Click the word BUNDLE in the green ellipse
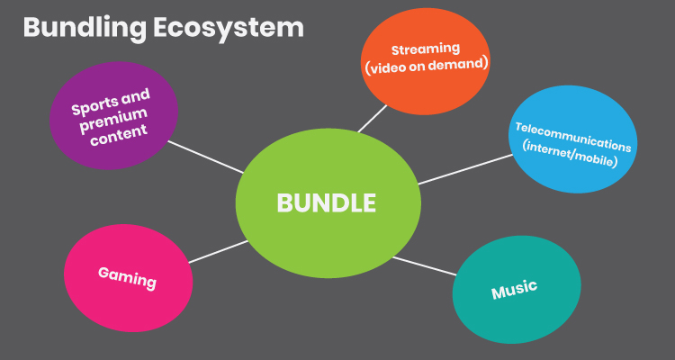pyautogui.click(x=326, y=203)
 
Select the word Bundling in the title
pyautogui.click(x=76, y=27)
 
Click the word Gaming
pyautogui.click(x=127, y=278)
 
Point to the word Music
pyautogui.click(x=514, y=290)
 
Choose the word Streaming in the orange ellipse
pyautogui.click(x=425, y=48)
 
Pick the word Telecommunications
pyautogui.click(x=572, y=133)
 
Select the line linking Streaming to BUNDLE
pyautogui.click(x=373, y=118)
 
